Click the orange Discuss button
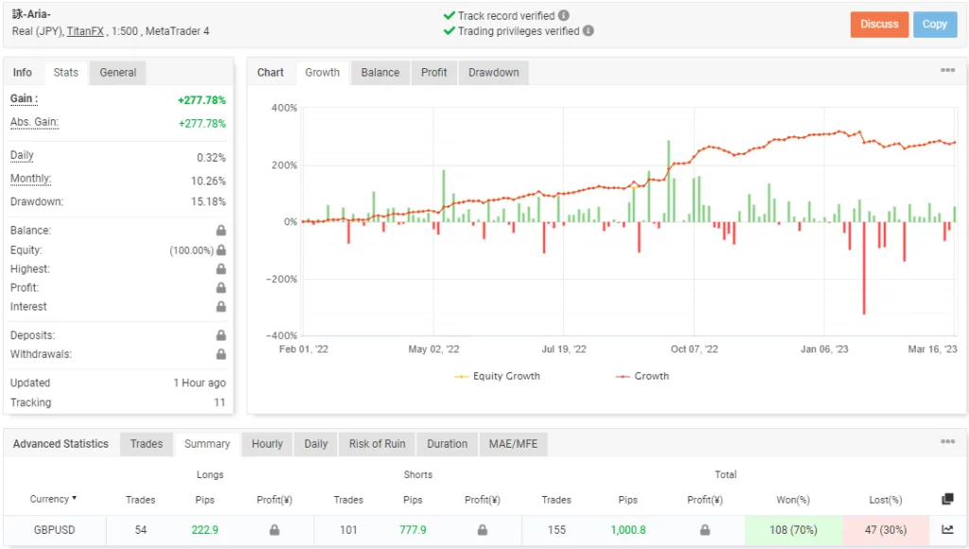[879, 25]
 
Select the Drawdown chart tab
[493, 73]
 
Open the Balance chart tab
[380, 73]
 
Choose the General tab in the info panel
[118, 73]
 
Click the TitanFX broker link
[85, 31]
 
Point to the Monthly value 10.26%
[210, 181]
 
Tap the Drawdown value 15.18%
[210, 202]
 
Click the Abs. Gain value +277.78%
[202, 124]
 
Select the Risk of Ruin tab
[377, 444]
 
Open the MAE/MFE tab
[512, 444]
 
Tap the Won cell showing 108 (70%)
[791, 530]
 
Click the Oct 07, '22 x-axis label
[695, 349]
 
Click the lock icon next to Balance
[220, 231]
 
